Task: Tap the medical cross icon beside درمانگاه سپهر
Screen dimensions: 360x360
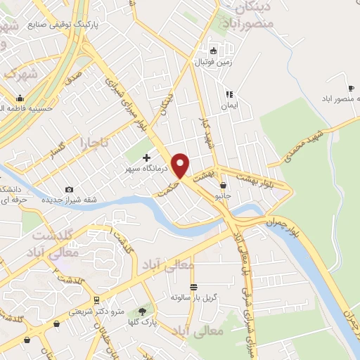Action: point(146,157)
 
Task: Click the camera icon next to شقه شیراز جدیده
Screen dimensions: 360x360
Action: point(69,190)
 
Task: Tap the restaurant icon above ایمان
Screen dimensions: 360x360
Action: point(229,94)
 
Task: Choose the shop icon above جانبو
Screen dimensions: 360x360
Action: point(224,186)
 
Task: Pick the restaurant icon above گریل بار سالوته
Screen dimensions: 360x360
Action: point(193,286)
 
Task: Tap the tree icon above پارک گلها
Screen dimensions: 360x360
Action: point(144,310)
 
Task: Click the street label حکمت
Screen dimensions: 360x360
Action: point(166,190)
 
